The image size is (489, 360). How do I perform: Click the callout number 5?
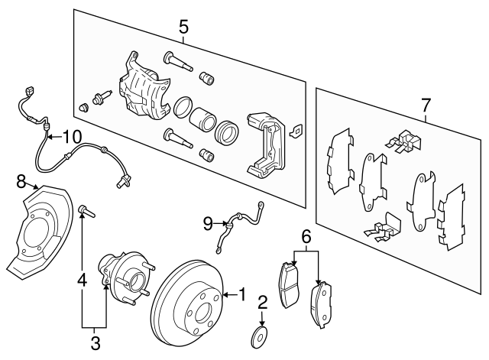(x=183, y=28)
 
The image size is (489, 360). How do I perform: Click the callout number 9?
(x=207, y=223)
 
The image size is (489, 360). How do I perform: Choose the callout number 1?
(x=241, y=293)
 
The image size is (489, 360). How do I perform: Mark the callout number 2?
(x=261, y=303)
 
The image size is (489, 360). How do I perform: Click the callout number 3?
(x=95, y=342)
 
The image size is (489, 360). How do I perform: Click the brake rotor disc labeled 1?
(x=187, y=306)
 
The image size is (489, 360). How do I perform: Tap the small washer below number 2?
(x=261, y=334)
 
